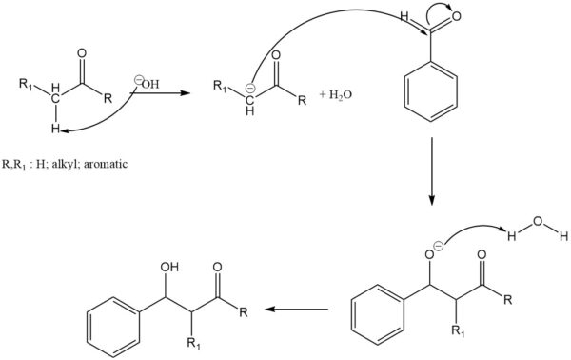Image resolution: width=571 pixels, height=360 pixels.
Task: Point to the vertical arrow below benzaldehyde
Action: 430,171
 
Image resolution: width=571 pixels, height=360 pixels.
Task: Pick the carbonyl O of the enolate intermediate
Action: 276,65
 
